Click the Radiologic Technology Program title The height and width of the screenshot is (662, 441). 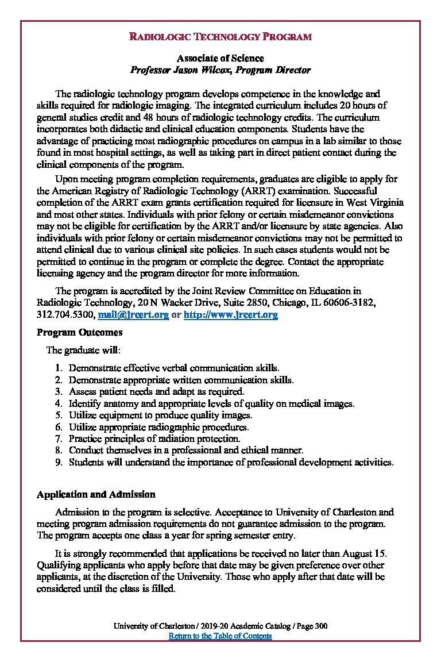click(x=220, y=37)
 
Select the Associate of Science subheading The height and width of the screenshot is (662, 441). click(x=220, y=59)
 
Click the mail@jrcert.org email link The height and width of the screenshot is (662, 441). click(x=133, y=315)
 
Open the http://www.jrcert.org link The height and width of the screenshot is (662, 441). click(x=230, y=315)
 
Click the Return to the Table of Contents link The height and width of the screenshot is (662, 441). click(x=220, y=636)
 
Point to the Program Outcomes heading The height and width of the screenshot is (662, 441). click(x=79, y=333)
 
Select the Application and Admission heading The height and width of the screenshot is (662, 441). click(x=96, y=494)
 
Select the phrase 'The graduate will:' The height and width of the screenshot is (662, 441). click(x=83, y=350)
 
